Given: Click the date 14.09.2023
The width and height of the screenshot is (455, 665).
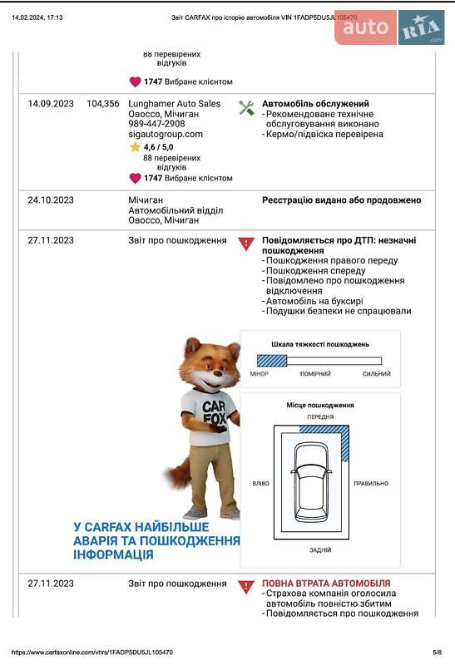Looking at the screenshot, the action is [51, 104].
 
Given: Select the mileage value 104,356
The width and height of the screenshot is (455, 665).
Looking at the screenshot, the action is [103, 104].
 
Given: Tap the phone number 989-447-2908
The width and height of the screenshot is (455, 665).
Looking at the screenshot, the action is [156, 124].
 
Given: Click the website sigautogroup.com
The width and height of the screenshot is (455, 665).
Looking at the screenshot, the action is [165, 134].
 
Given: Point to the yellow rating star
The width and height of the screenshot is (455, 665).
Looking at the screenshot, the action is [135, 146].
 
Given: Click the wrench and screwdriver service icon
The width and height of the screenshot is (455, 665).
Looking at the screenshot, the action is [246, 107].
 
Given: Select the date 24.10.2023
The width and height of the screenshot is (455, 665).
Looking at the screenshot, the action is [51, 200].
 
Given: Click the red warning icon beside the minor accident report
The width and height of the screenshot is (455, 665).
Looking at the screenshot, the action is [246, 244].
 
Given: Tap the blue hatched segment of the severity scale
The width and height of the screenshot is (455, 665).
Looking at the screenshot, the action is [271, 361].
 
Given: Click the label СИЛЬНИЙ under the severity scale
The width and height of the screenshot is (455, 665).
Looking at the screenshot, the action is [376, 374].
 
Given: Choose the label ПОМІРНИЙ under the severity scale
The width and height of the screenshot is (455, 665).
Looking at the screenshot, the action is [315, 374].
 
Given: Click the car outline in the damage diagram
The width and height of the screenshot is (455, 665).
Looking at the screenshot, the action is [312, 480].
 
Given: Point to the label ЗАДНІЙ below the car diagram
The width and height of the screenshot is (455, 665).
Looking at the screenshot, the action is [319, 549].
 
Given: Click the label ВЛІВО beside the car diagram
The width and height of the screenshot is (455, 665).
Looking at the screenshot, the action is [260, 483].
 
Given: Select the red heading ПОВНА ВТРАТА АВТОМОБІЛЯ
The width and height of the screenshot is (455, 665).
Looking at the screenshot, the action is [326, 584].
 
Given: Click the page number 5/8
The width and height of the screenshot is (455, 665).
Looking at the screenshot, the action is [437, 653].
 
